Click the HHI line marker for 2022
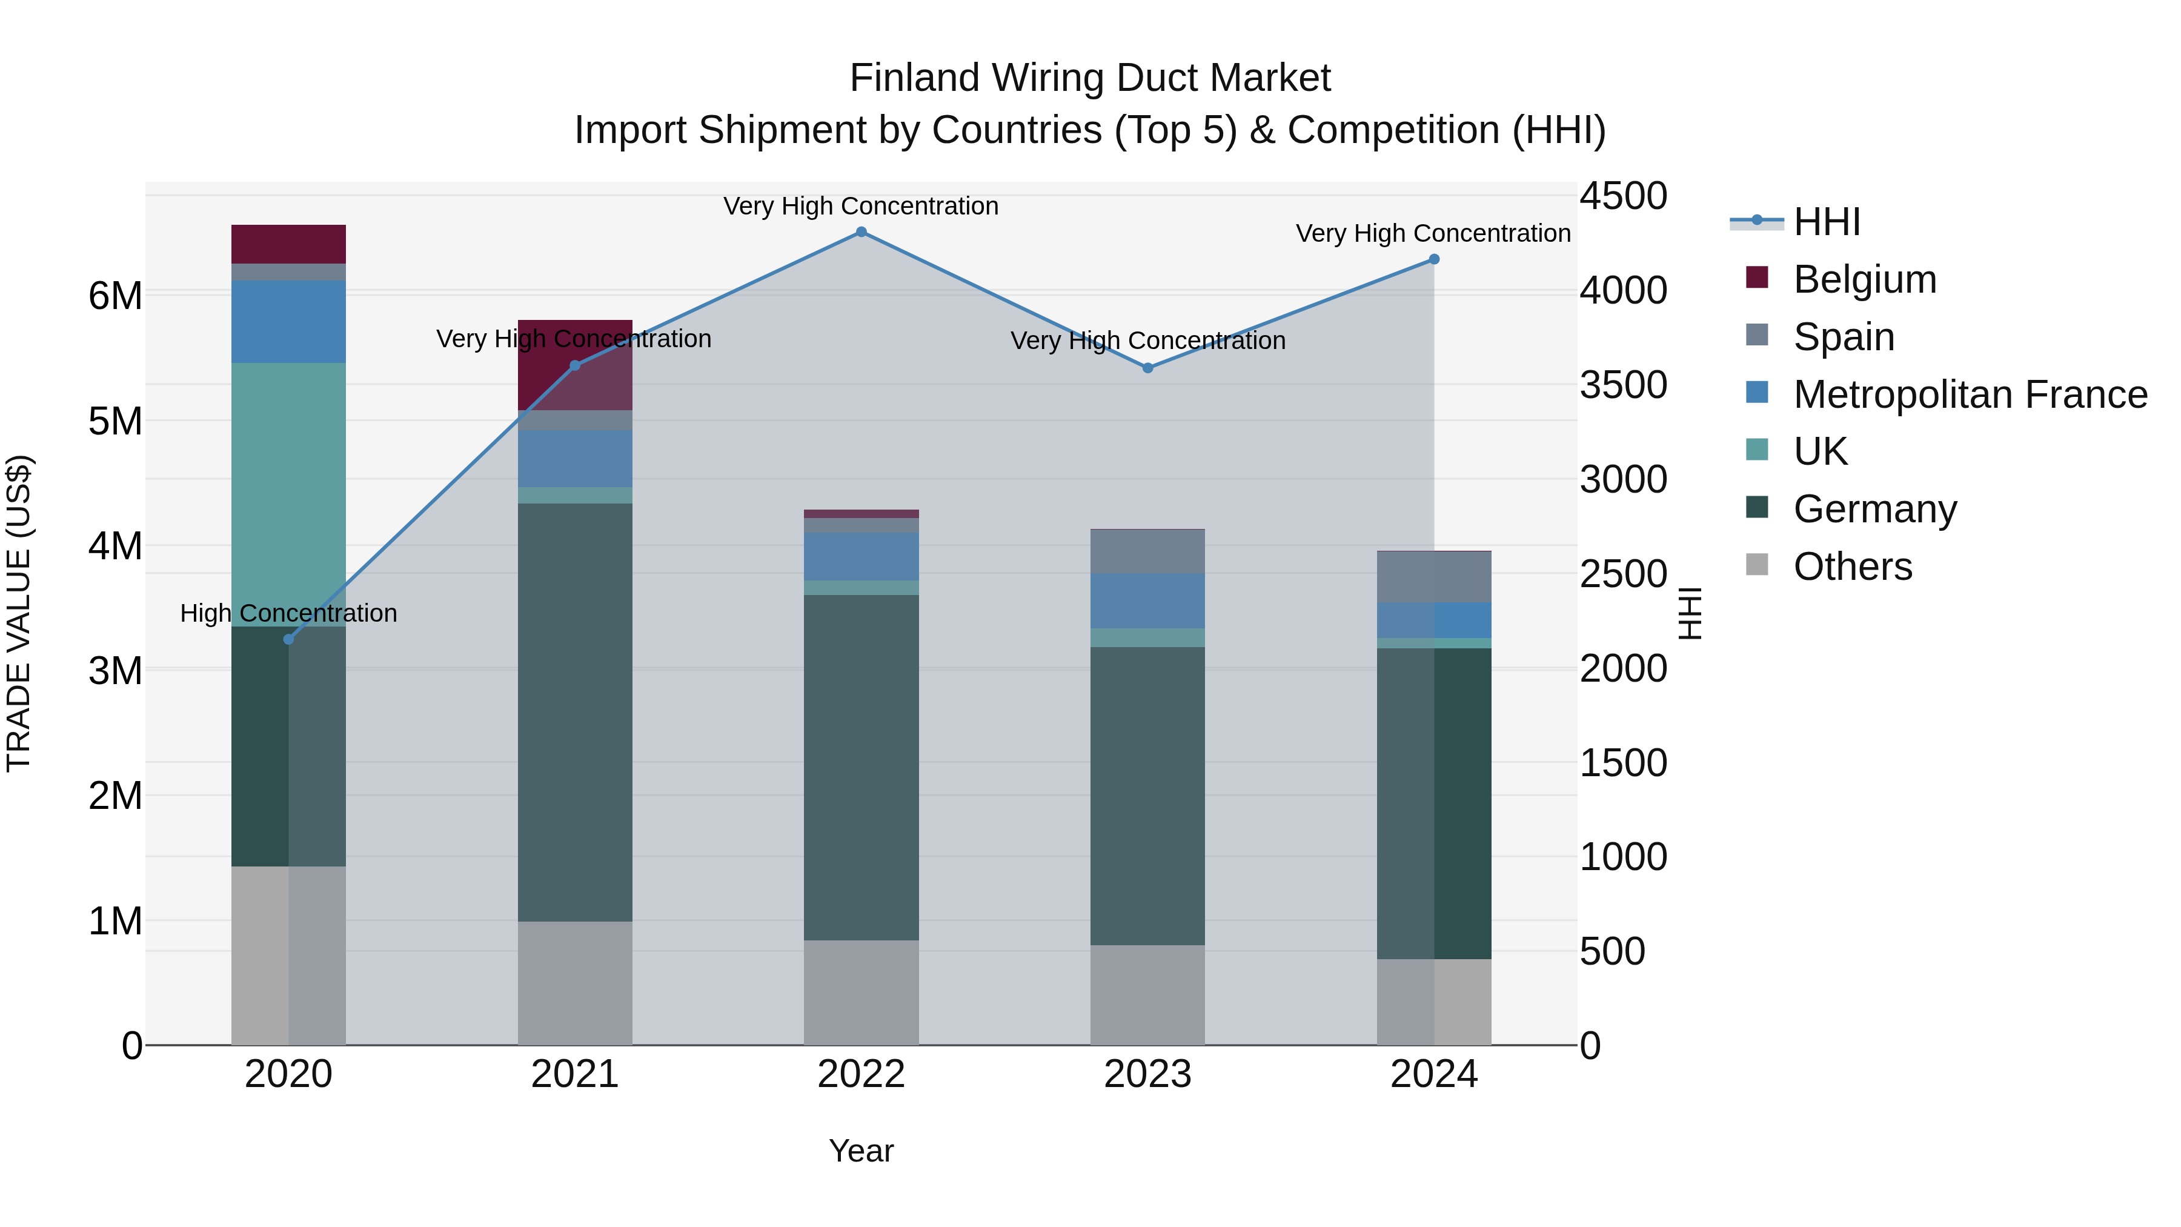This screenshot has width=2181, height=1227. point(861,232)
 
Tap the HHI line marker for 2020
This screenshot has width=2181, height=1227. point(289,639)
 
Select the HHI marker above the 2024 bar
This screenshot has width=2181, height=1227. point(1433,260)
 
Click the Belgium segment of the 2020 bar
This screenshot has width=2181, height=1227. point(289,244)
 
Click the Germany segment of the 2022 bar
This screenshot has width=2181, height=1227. point(861,766)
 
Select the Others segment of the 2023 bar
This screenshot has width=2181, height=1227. point(1147,994)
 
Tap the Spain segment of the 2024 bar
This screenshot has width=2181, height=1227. point(1433,577)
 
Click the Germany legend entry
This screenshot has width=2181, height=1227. point(1874,509)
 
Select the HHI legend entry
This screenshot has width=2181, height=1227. point(1826,222)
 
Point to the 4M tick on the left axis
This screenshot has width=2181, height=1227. point(116,546)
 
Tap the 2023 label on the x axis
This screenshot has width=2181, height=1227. point(1147,1074)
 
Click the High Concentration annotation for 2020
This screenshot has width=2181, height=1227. point(289,613)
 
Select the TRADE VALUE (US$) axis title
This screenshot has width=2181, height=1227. point(19,613)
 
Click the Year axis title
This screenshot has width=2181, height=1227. point(861,1151)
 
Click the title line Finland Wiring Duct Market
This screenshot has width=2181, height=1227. point(1090,78)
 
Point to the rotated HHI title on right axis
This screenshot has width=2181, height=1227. point(1689,613)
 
